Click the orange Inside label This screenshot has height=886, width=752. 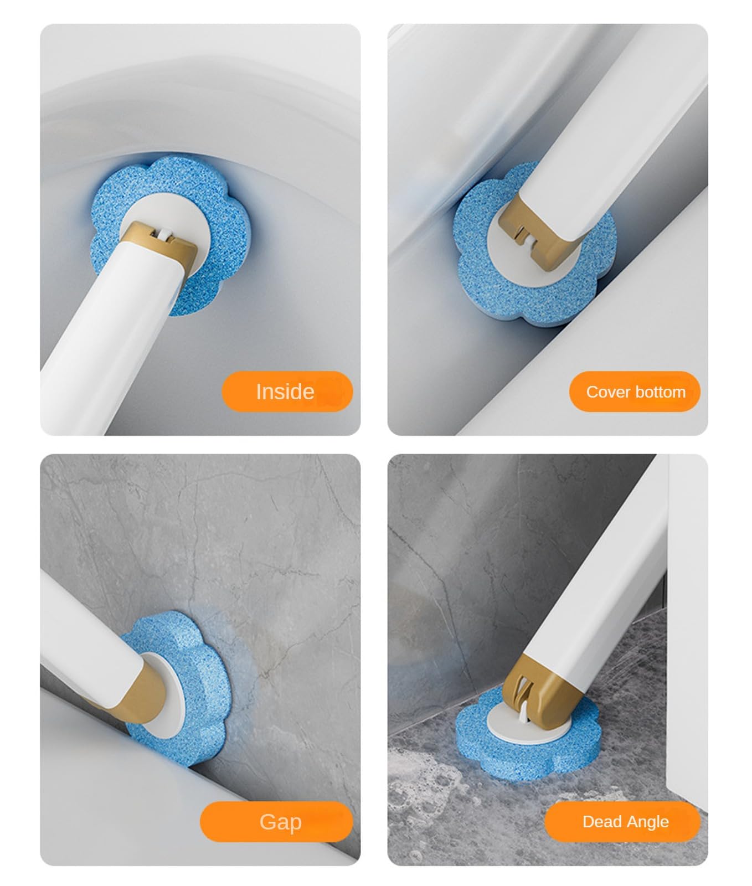(x=287, y=392)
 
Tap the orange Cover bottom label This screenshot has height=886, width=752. (x=635, y=392)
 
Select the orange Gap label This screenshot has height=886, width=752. (x=276, y=822)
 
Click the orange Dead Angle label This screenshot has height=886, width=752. (x=622, y=822)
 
